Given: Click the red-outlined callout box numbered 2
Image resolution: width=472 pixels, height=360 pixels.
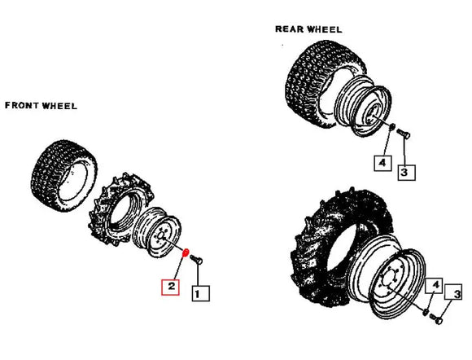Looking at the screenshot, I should (x=171, y=287).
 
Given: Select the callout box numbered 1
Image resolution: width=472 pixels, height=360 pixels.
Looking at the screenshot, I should (x=200, y=290).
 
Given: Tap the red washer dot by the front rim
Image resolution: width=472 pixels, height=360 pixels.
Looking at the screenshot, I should (x=186, y=253).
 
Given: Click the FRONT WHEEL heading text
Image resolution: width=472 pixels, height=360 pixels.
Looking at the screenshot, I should (x=42, y=106).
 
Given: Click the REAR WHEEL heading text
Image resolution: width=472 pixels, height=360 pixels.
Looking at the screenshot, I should (x=308, y=29).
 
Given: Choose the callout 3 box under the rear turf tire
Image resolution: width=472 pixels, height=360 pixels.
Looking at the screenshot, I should (x=405, y=172).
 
